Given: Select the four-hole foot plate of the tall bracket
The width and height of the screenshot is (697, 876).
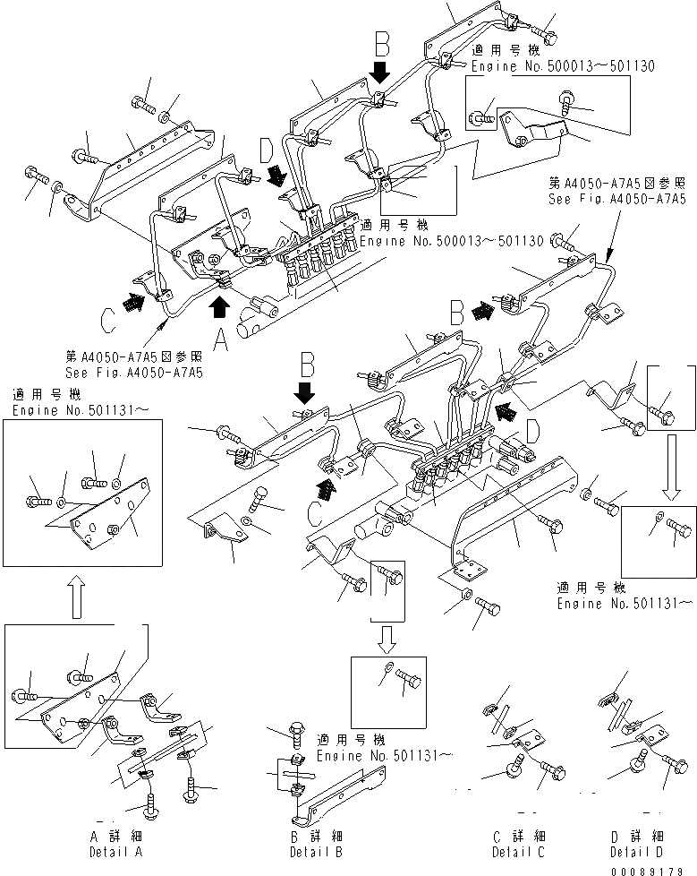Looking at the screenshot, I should tap(464, 570).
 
